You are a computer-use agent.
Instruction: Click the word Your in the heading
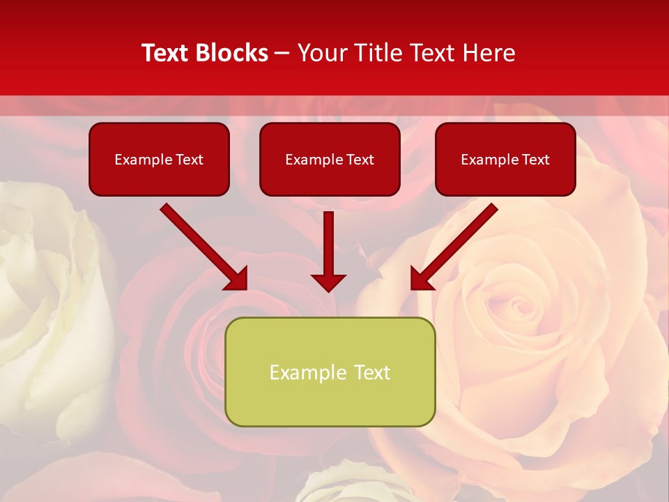coord(319,53)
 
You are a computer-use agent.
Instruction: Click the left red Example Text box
coord(159,159)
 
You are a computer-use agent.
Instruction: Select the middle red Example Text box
coord(330,159)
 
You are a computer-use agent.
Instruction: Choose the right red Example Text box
coord(505,159)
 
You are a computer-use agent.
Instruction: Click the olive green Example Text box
coord(330,372)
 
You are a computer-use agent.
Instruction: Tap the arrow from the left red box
coord(202,245)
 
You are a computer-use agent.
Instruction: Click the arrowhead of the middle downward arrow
coord(328,282)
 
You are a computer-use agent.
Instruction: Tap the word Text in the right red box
coord(535,160)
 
